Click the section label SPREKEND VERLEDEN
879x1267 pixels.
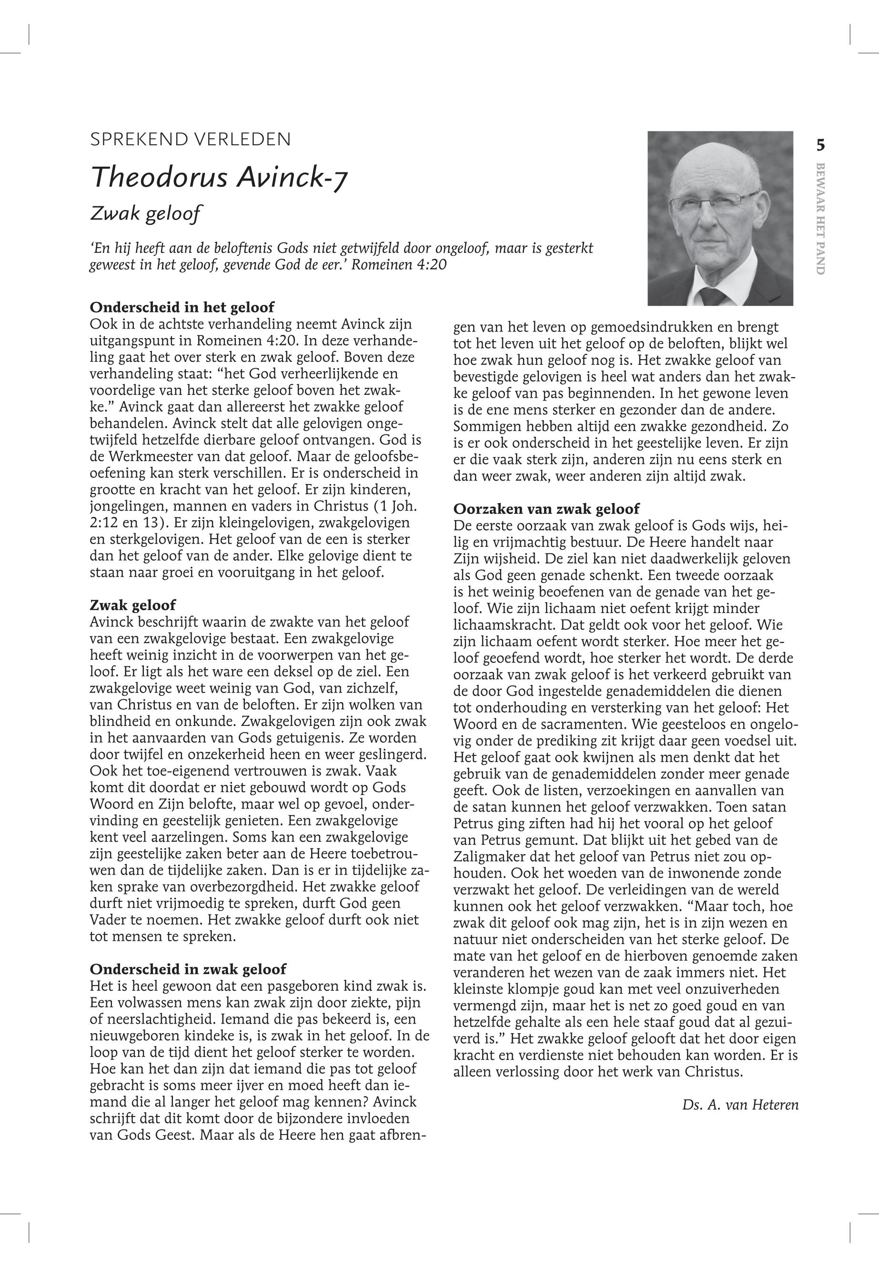[x=190, y=139]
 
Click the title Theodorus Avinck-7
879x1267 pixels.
[x=219, y=177]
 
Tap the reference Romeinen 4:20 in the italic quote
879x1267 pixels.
[x=399, y=265]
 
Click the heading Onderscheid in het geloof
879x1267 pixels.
[x=182, y=307]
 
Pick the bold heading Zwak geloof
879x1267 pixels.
[x=133, y=605]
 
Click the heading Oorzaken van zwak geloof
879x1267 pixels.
[x=546, y=509]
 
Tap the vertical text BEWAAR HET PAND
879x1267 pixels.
[x=820, y=219]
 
